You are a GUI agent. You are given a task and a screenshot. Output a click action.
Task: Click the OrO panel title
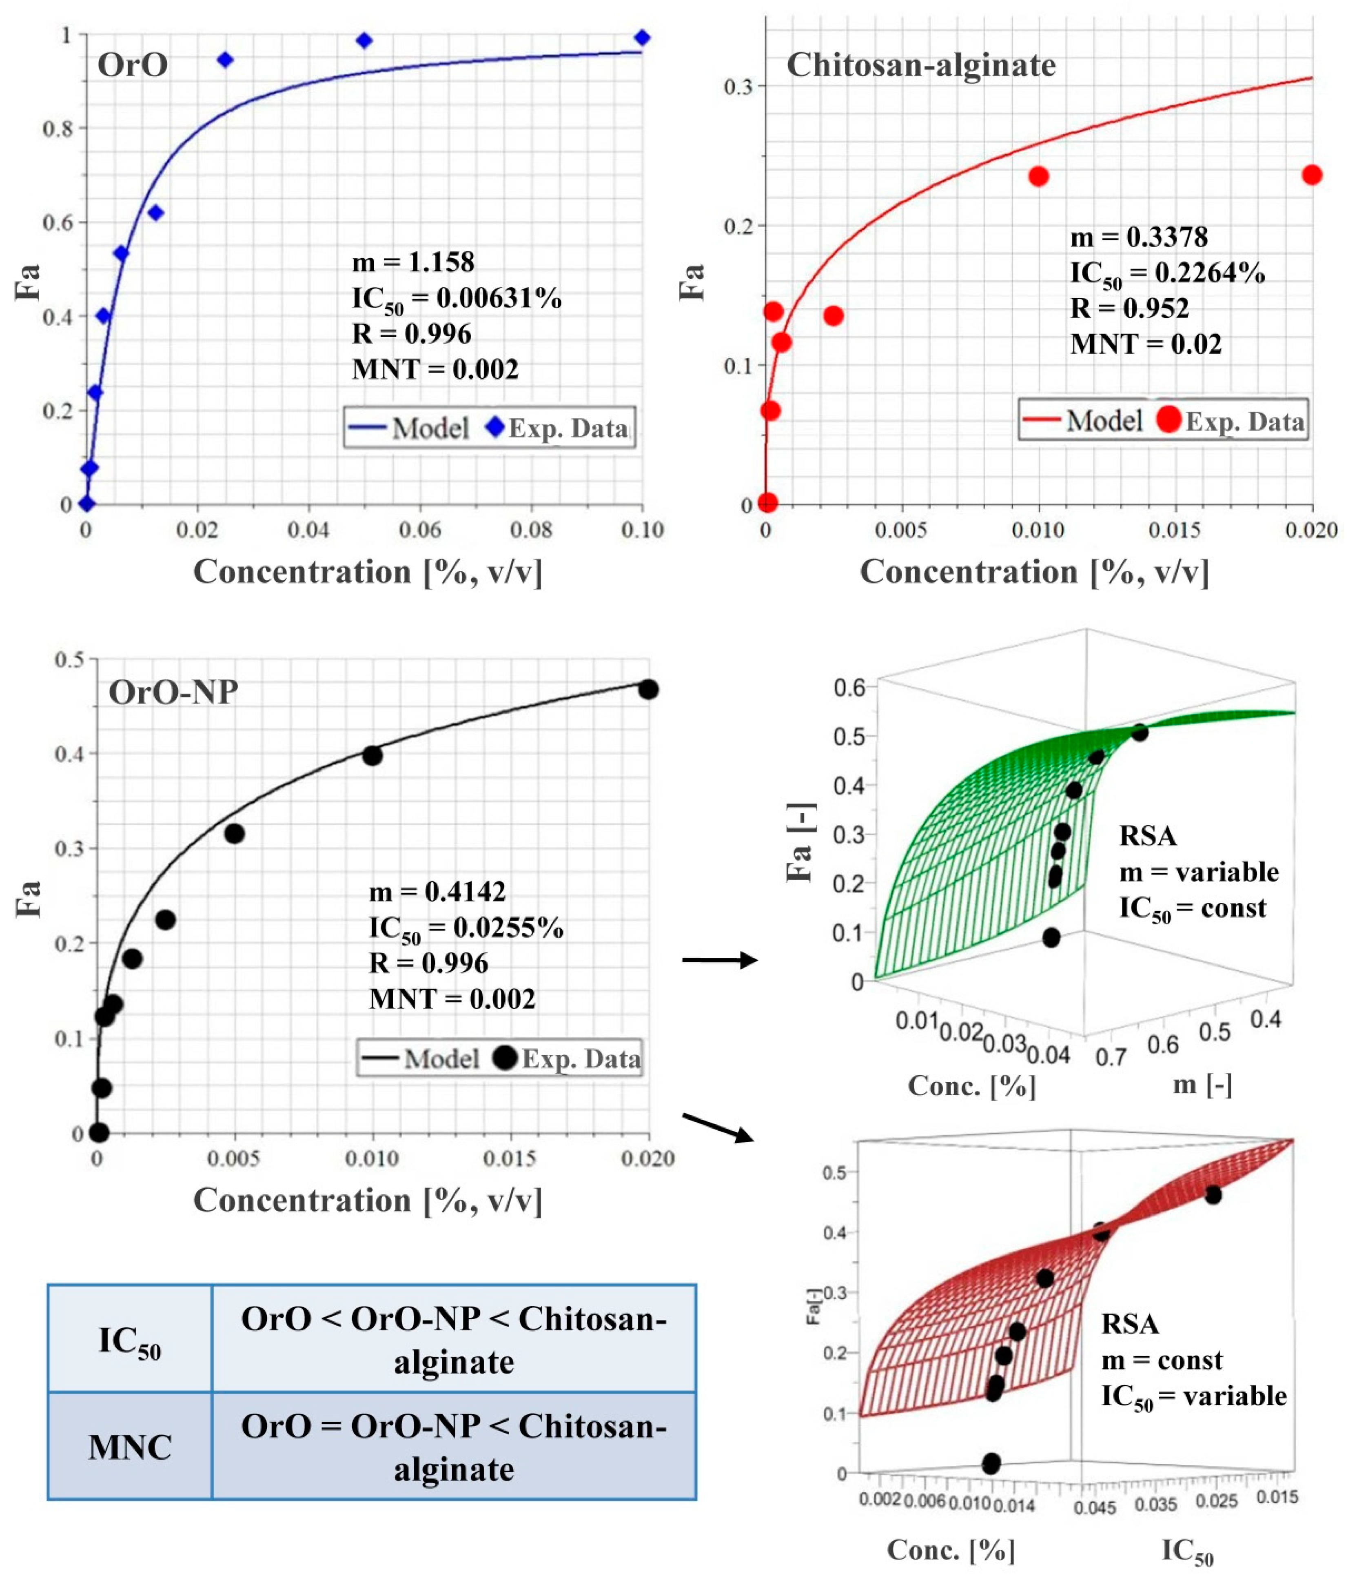click(x=133, y=65)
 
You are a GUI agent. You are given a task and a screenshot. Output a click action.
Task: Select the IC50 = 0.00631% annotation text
click(x=456, y=299)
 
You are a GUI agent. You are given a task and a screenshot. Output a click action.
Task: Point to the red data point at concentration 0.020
click(x=1311, y=175)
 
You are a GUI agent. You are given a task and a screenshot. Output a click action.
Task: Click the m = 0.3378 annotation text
click(x=1139, y=237)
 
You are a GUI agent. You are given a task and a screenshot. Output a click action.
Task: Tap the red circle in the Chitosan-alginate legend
click(x=1168, y=419)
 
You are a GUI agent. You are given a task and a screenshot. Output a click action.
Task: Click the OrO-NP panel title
click(x=174, y=692)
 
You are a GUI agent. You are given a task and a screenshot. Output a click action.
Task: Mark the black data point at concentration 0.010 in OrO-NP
click(x=372, y=755)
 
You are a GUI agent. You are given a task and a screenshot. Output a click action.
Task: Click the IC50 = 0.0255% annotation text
click(x=466, y=928)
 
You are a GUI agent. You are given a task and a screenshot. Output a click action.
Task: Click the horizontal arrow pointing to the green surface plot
click(x=719, y=960)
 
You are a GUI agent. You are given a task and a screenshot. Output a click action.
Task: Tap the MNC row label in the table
click(x=129, y=1447)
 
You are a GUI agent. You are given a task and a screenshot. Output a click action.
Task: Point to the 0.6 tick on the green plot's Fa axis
click(x=850, y=688)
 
